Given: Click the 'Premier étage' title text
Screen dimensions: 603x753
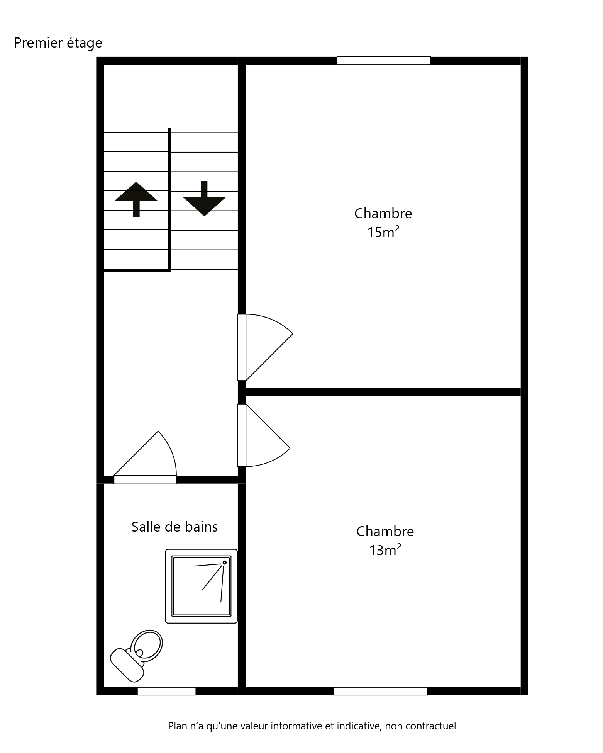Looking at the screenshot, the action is tap(58, 43).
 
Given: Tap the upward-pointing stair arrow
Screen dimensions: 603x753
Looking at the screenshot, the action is tap(136, 199).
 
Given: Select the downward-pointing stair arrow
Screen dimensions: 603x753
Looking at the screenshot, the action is tap(204, 199).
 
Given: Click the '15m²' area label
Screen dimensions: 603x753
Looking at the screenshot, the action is tap(383, 232).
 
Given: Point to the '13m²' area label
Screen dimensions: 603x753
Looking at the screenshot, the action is tap(385, 550).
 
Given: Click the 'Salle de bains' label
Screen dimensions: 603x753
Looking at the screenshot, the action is tap(174, 527).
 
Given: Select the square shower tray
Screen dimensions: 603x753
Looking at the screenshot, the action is tap(201, 586).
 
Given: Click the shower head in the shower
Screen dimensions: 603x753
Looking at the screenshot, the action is tap(224, 563).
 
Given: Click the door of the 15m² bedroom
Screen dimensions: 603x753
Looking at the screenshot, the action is tap(265, 347).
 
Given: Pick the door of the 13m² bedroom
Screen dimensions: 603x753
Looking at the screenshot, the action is tap(264, 435).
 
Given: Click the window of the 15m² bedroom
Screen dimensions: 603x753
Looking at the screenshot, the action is tap(384, 61).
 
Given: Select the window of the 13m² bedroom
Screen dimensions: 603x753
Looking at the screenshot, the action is tap(381, 691).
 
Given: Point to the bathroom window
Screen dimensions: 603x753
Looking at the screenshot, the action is tap(167, 691).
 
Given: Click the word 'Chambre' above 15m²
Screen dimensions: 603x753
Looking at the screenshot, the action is tap(383, 213).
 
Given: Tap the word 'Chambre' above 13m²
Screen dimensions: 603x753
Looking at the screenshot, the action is tap(385, 531).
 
